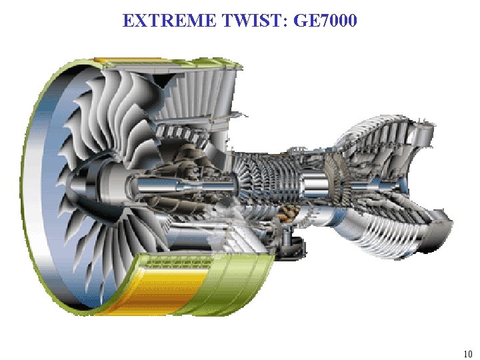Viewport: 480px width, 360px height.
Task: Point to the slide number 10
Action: tap(467, 353)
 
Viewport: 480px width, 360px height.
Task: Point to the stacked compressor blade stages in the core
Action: tap(260, 177)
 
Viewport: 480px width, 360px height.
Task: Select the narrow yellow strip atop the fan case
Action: tap(110, 61)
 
